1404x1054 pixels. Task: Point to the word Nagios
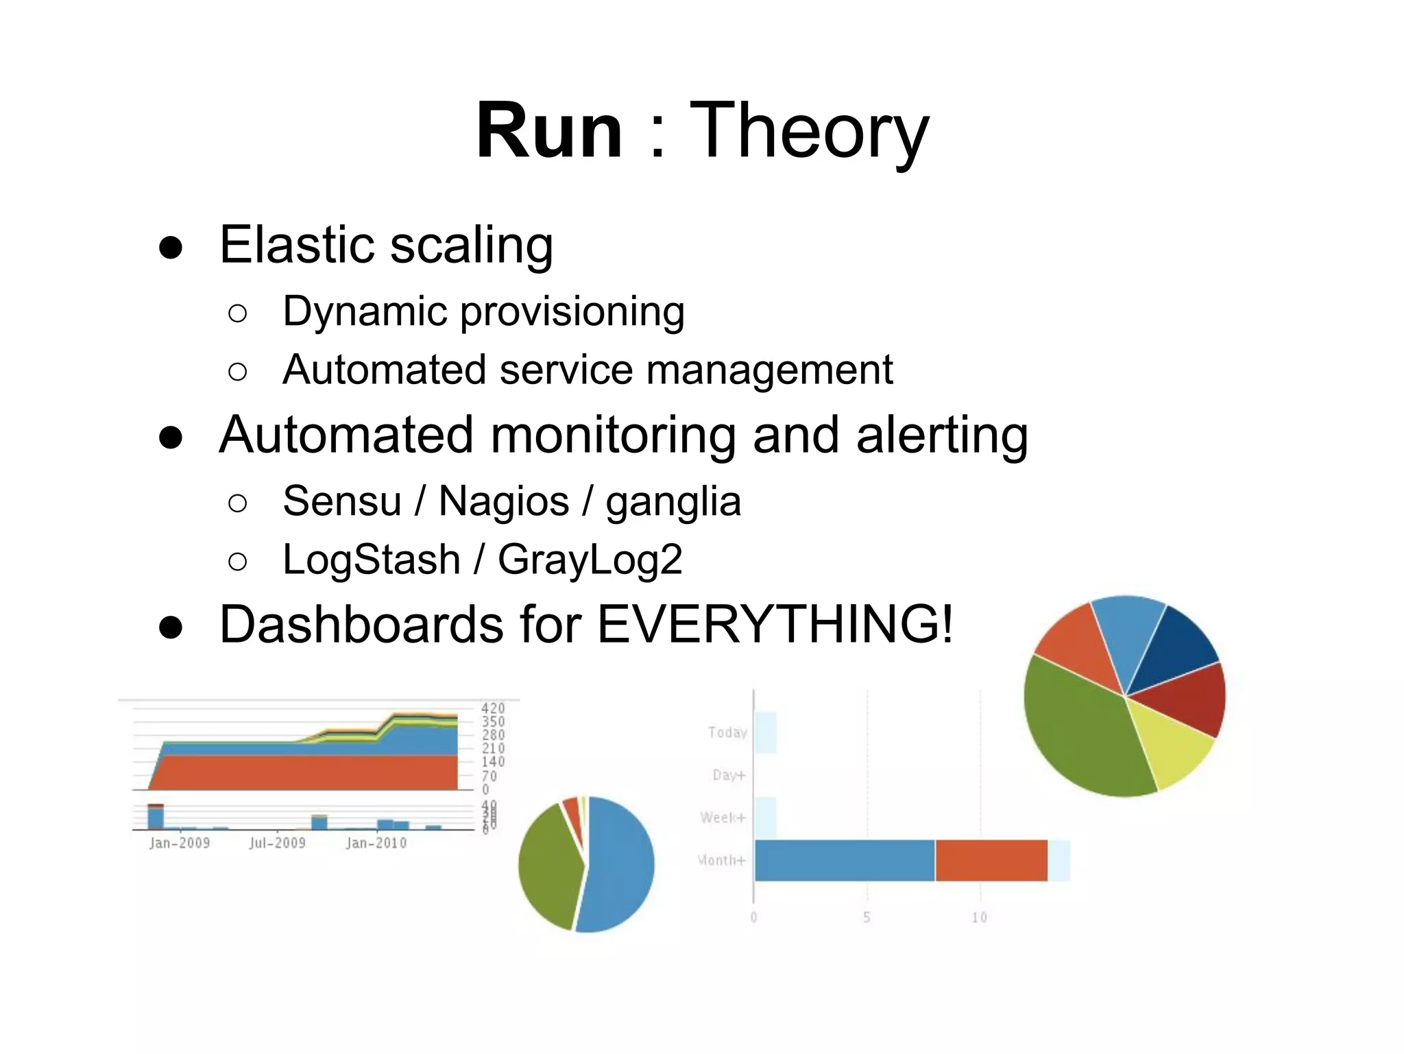tap(503, 501)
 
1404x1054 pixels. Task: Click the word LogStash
tap(371, 559)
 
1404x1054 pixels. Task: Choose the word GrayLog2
tap(590, 559)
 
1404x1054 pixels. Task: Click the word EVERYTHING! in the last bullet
tap(775, 624)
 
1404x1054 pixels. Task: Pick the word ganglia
tap(673, 501)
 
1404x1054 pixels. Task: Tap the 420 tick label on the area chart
tap(492, 708)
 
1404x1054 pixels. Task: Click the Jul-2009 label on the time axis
tap(277, 843)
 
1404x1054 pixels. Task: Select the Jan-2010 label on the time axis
tap(376, 843)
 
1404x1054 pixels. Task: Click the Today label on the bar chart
tap(727, 732)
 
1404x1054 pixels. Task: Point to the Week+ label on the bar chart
tap(722, 817)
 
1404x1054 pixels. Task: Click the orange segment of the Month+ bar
tap(991, 860)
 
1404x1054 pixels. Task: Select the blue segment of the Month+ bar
tap(845, 860)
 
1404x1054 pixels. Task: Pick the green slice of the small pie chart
tap(548, 864)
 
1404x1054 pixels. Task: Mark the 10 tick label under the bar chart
tap(979, 918)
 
